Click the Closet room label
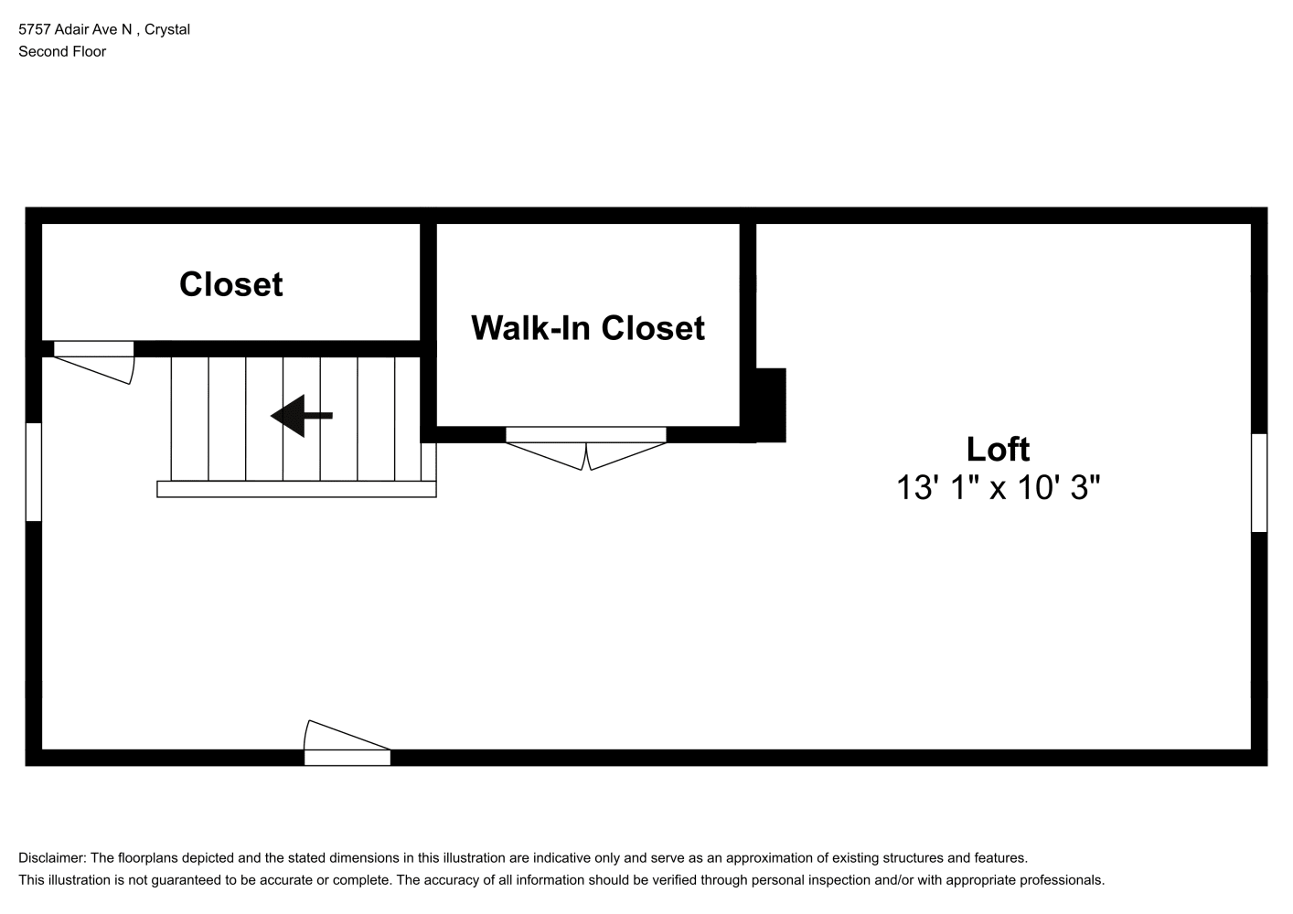(230, 284)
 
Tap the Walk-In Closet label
(588, 328)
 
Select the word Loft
(998, 449)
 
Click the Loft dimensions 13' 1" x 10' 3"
(998, 487)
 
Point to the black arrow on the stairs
(302, 416)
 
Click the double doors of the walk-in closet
(586, 449)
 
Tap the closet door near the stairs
(94, 362)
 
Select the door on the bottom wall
(347, 742)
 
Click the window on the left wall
(34, 472)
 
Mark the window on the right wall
(1259, 483)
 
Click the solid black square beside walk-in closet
(771, 405)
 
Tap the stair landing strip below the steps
(296, 489)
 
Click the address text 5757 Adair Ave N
(76, 29)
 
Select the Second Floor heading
(62, 51)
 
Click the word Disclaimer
(52, 858)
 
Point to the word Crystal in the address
(167, 30)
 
